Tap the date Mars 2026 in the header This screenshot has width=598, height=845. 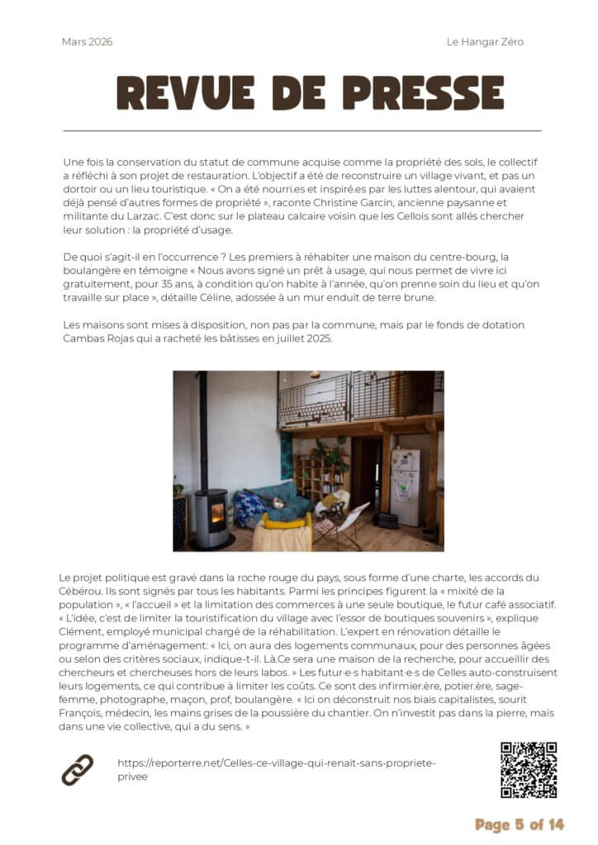pyautogui.click(x=87, y=42)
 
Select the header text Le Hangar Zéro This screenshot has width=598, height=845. pyautogui.click(x=485, y=42)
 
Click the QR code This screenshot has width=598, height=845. pyautogui.click(x=529, y=770)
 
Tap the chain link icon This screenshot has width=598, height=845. pyautogui.click(x=78, y=770)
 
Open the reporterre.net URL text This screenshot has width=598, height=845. pyautogui.click(x=276, y=769)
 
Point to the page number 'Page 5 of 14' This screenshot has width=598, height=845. pyautogui.click(x=520, y=824)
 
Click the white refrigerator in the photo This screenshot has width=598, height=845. pyautogui.click(x=405, y=487)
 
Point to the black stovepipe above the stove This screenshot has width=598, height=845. pyautogui.click(x=202, y=429)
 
